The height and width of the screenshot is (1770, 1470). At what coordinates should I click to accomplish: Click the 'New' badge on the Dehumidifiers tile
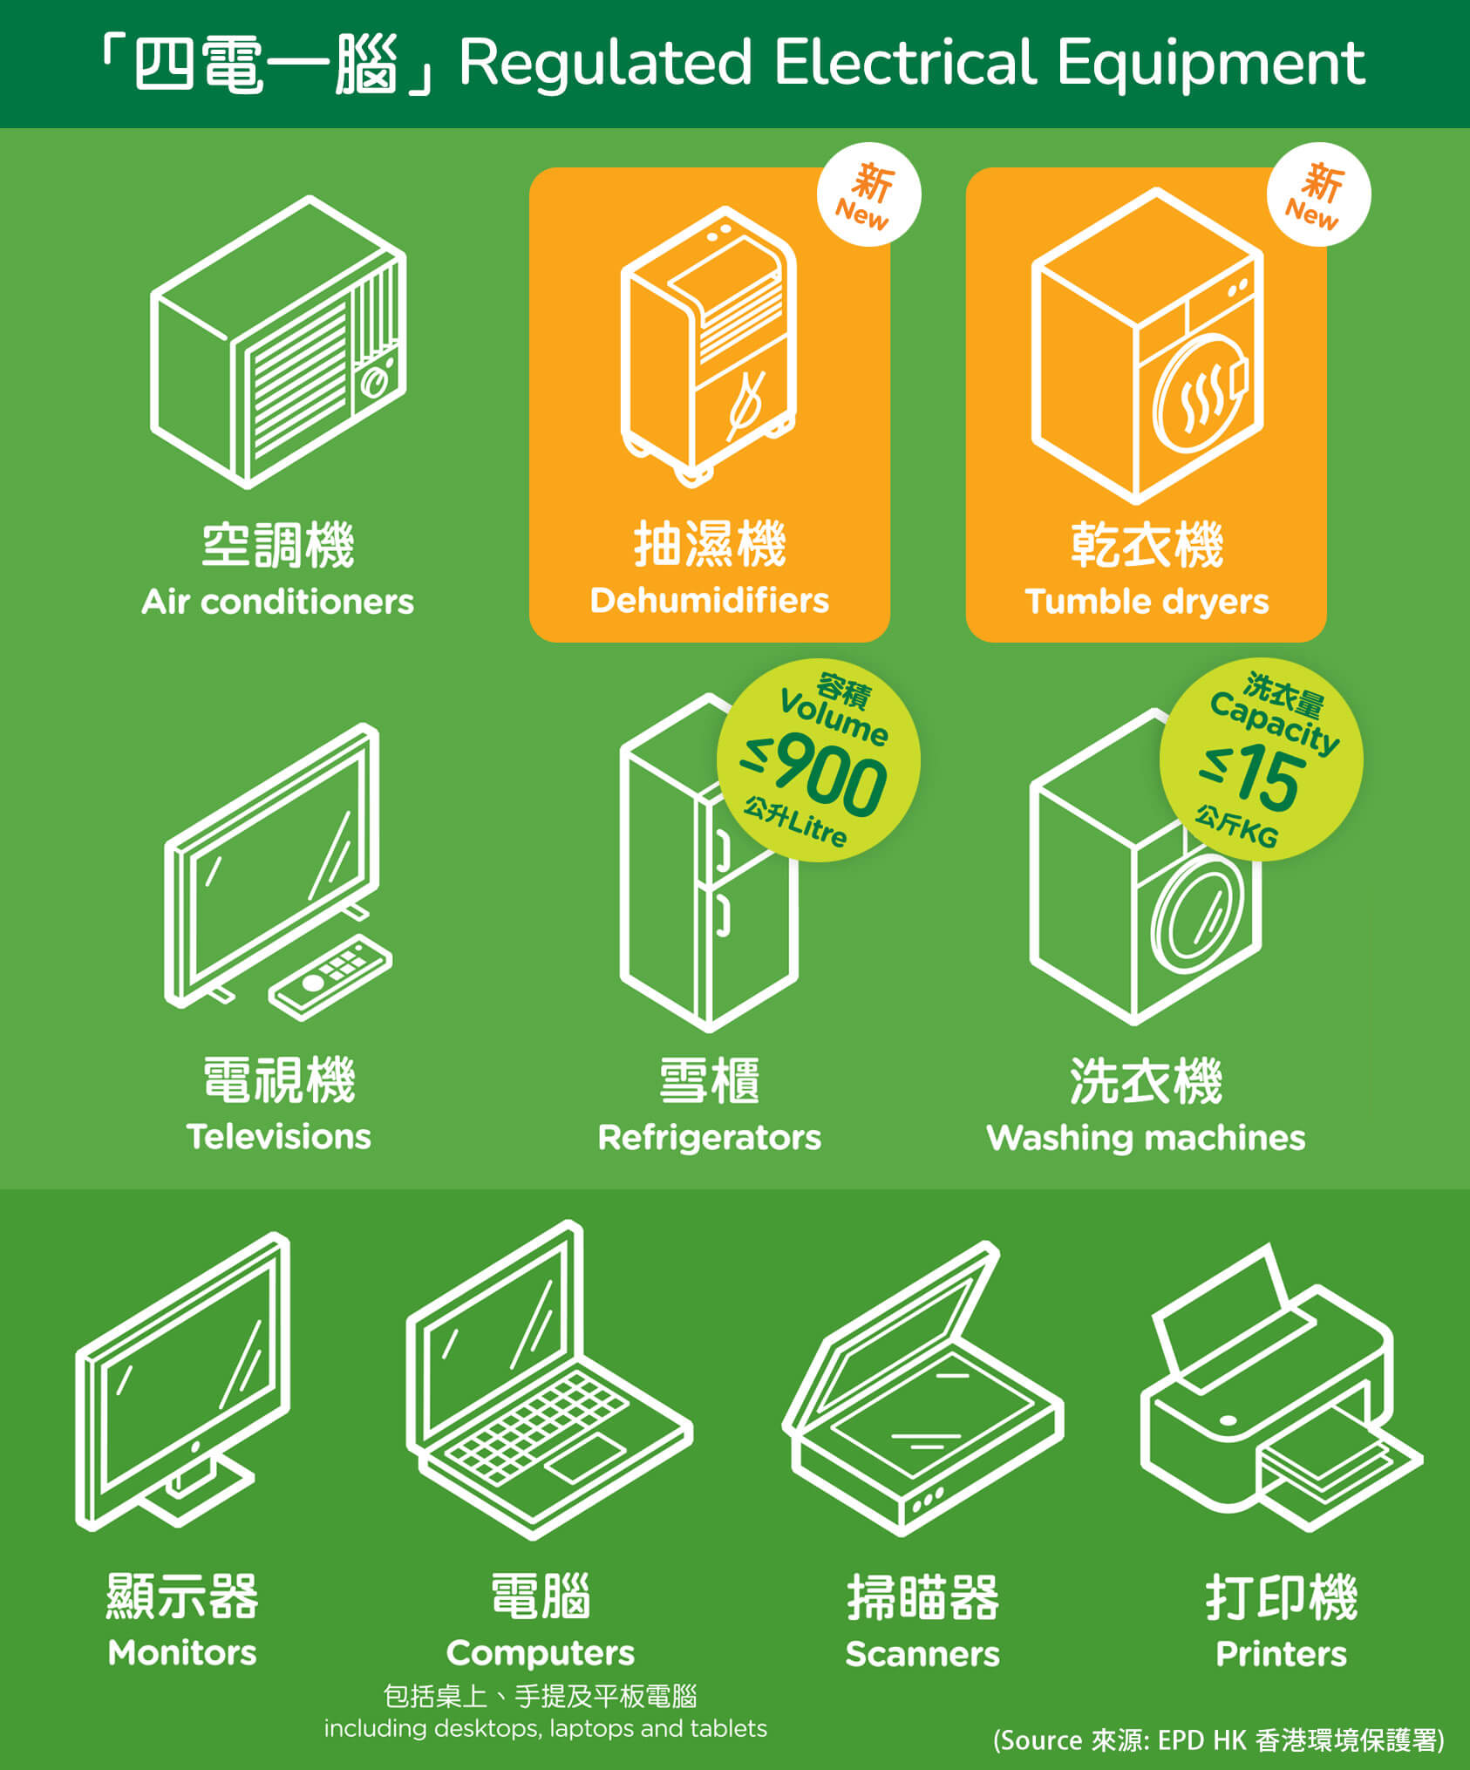[868, 194]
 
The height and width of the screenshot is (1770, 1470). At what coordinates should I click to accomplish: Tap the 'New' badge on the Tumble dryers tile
[1318, 194]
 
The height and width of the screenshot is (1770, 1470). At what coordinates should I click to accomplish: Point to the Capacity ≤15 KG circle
[1261, 759]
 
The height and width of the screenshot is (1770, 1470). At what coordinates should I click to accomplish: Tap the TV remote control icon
[330, 977]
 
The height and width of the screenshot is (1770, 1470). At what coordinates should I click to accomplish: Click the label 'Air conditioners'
[278, 602]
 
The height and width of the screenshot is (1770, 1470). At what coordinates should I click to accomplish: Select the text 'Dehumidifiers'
[709, 600]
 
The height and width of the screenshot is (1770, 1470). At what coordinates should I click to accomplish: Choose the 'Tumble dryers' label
[1147, 602]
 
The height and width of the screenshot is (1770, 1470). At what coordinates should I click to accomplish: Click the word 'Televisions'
[278, 1136]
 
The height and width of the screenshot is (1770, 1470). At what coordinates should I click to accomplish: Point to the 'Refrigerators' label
[709, 1138]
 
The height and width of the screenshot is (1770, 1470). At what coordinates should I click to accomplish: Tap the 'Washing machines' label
[1146, 1138]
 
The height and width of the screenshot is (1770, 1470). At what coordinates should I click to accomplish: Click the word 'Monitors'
[182, 1653]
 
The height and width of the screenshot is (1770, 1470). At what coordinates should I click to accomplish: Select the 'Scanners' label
[922, 1654]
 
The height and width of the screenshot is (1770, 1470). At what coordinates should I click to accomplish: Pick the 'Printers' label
[1281, 1654]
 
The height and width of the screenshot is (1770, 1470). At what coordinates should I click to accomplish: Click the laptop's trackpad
[586, 1460]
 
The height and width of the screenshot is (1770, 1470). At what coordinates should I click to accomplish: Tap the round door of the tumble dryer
[1200, 393]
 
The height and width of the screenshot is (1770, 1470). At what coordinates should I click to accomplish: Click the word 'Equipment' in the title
[1211, 64]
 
